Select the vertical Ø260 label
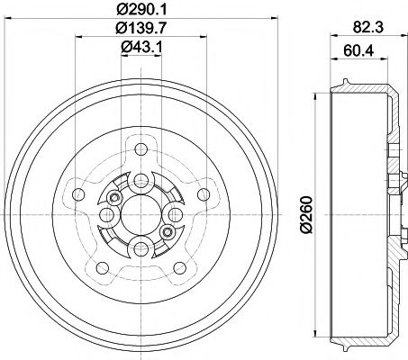click(x=306, y=216)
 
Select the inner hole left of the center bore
click(x=105, y=214)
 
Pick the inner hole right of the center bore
click(x=176, y=214)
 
